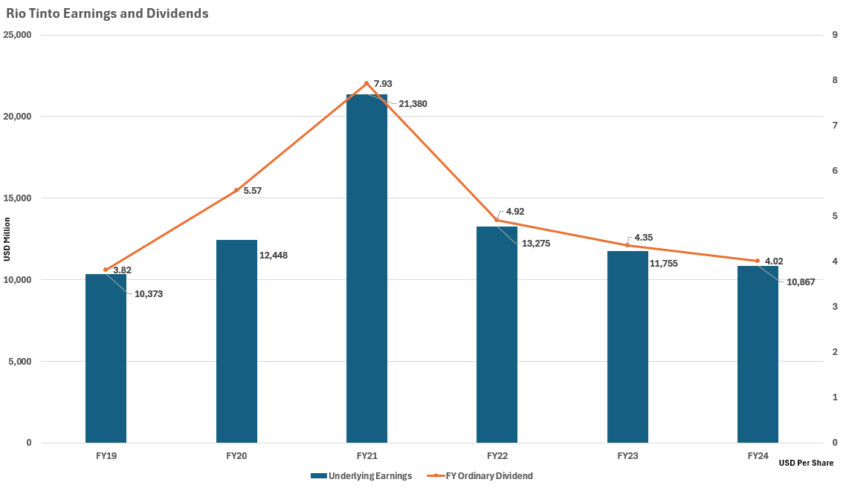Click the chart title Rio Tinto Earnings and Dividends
[x=107, y=13]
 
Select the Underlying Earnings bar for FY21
[x=366, y=267]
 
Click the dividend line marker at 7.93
[x=366, y=83]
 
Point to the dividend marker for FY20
[x=236, y=190]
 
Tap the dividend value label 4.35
[x=644, y=238]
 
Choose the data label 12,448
[x=273, y=256]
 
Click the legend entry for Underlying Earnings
[x=361, y=476]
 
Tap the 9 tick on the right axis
[x=835, y=35]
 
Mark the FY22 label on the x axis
[x=497, y=455]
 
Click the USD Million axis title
[x=7, y=239]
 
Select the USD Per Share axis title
[x=807, y=463]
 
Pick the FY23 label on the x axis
[x=627, y=455]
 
